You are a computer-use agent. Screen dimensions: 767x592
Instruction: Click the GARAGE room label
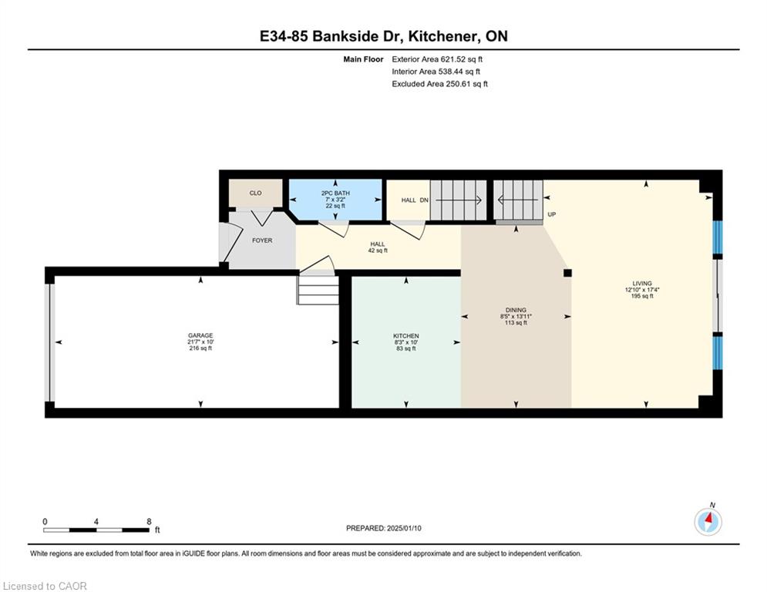click(x=200, y=335)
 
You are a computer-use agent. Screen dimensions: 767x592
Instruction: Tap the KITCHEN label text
click(x=406, y=336)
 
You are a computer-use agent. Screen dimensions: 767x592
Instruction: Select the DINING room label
click(x=516, y=310)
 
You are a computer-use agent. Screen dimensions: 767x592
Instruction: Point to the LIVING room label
click(x=642, y=283)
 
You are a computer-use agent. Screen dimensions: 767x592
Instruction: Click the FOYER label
click(x=262, y=240)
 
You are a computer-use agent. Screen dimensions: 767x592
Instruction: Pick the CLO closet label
click(x=256, y=193)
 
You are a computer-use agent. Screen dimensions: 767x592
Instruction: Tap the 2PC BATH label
click(x=335, y=193)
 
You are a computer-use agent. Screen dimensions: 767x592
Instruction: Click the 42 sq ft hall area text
click(x=378, y=251)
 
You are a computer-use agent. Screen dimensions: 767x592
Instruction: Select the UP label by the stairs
click(x=552, y=214)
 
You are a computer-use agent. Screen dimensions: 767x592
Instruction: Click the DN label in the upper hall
click(x=424, y=200)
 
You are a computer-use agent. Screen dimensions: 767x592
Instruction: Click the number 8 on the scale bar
click(x=150, y=522)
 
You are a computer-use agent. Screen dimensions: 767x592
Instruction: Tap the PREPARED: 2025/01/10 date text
click(x=384, y=528)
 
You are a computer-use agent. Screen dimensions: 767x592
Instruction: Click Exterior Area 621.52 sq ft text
click(x=437, y=59)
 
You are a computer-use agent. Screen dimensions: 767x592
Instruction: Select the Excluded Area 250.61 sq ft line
click(x=439, y=84)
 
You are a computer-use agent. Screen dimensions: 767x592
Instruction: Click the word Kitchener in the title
click(x=444, y=36)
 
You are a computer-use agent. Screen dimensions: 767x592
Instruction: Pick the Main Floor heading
click(x=363, y=59)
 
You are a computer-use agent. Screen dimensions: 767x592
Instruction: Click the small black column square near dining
click(x=567, y=273)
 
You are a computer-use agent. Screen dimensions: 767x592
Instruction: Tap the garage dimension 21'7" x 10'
click(x=200, y=342)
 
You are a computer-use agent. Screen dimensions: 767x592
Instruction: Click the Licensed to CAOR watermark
click(x=45, y=586)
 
